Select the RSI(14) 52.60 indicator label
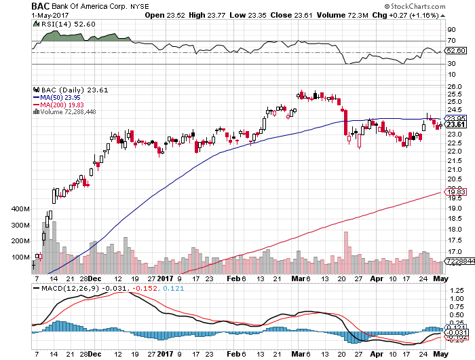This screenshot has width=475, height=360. (x=58, y=22)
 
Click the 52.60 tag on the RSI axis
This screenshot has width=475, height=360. (x=454, y=50)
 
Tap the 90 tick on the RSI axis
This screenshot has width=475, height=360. (x=450, y=30)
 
